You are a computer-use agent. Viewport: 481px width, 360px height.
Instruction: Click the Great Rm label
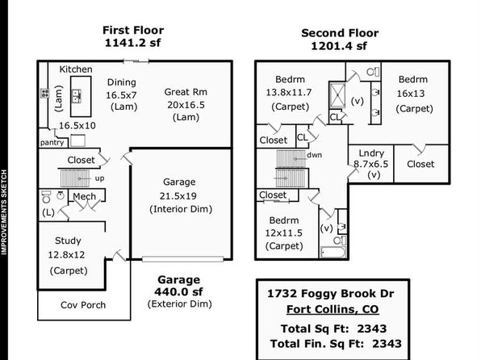(186, 92)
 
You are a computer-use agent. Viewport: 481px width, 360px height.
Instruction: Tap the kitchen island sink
(77, 96)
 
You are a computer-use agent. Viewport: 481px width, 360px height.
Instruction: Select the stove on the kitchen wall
(44, 93)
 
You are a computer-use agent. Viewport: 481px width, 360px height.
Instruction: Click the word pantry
(52, 142)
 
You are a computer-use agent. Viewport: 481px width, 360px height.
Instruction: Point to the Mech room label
(85, 196)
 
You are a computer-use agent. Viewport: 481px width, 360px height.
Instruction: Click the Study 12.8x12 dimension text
(66, 255)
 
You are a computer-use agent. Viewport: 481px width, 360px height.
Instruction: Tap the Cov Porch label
(83, 305)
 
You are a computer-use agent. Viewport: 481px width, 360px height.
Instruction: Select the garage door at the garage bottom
(183, 259)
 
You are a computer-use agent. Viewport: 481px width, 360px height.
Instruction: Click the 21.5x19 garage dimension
(178, 195)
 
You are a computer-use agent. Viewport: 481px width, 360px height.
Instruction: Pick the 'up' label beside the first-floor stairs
(100, 178)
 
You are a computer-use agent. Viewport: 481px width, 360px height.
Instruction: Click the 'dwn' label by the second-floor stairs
(315, 155)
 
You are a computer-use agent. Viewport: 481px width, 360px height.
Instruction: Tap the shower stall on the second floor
(337, 94)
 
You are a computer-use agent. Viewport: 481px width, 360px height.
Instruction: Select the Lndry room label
(371, 153)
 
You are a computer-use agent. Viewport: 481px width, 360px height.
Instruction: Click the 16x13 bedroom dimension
(411, 94)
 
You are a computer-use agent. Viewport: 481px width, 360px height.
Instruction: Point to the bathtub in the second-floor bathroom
(333, 253)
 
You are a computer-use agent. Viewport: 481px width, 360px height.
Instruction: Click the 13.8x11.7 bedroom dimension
(289, 92)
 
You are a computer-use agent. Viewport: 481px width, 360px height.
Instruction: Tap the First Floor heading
(133, 30)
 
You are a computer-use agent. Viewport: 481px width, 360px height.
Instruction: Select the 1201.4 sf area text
(339, 46)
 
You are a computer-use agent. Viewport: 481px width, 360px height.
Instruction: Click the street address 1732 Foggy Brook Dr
(331, 293)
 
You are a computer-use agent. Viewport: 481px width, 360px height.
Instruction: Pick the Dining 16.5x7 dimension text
(121, 95)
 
